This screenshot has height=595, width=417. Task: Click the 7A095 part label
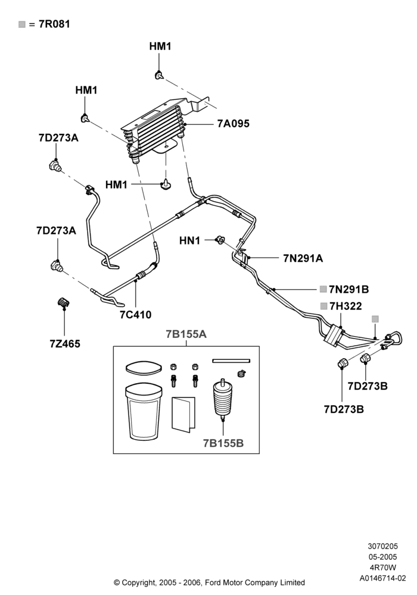[233, 124]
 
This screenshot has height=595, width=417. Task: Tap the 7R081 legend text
[54, 24]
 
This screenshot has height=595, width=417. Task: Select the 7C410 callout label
[136, 315]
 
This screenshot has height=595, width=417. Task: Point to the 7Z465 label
[65, 344]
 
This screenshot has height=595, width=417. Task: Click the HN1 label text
[189, 240]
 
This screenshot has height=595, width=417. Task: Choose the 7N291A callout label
[303, 258]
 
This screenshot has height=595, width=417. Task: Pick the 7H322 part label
[346, 306]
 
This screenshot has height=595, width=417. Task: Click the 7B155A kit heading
[186, 334]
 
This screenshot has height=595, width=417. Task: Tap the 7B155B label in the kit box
[223, 443]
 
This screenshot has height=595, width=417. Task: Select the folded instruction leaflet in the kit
[184, 414]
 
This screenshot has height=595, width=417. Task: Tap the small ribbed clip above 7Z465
[63, 302]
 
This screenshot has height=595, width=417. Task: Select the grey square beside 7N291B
[323, 289]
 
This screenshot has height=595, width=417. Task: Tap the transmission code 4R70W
[383, 568]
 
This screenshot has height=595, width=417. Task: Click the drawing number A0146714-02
[383, 578]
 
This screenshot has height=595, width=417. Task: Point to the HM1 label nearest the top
[160, 46]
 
